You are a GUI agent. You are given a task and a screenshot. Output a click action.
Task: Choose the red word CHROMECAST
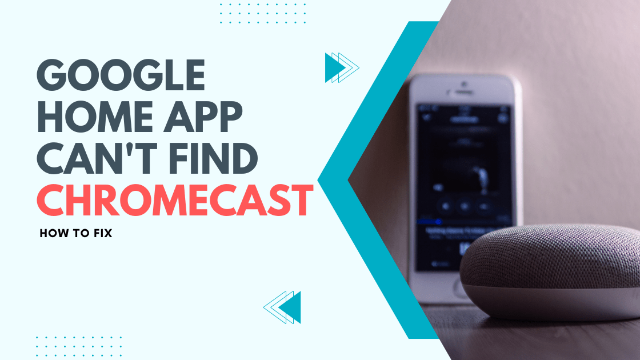(175, 201)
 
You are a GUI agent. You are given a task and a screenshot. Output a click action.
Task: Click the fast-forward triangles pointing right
(341, 67)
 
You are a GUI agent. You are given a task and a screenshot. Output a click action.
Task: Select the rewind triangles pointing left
(283, 307)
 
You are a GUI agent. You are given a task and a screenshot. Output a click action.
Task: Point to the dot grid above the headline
(263, 13)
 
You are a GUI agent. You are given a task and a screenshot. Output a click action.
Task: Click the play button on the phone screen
(465, 205)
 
